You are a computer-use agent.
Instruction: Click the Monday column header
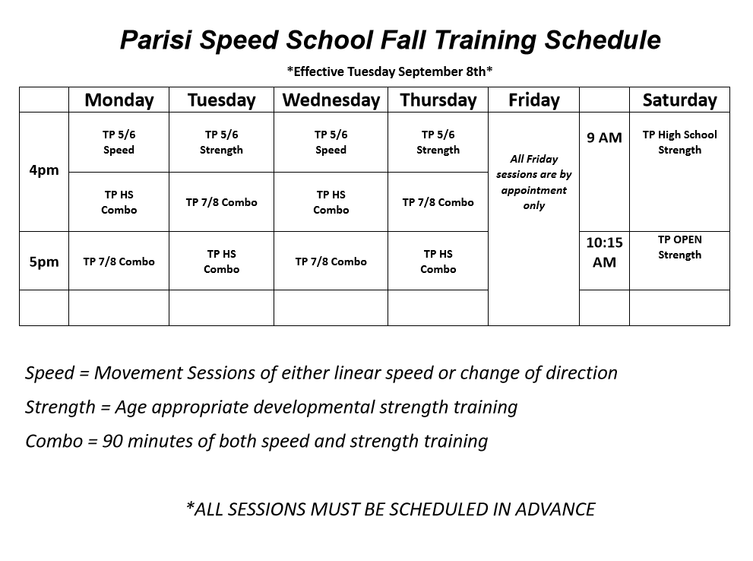pos(119,100)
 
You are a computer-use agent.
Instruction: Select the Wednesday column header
pos(331,100)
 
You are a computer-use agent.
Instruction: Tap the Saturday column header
pos(679,100)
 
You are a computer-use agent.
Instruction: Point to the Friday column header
pos(534,100)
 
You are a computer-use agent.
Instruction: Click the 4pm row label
pos(44,170)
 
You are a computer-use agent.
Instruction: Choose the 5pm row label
pos(44,261)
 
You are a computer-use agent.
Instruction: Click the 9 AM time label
pos(604,138)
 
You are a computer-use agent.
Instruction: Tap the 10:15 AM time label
pos(604,252)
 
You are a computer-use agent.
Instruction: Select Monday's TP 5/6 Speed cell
pos(119,142)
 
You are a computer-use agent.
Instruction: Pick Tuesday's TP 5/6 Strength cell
pos(221,142)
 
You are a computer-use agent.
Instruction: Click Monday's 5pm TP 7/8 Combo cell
pos(119,261)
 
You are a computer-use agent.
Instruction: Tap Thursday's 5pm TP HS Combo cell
pos(438,261)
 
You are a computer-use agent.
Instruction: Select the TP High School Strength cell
pos(679,142)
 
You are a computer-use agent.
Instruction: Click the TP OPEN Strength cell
pos(679,247)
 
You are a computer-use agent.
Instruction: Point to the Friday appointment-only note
pos(534,182)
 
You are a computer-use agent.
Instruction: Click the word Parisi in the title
pos(156,40)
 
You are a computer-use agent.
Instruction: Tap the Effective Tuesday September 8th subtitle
pos(390,71)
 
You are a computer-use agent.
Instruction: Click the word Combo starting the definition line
pos(54,442)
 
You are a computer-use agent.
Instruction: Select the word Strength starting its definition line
pos(61,407)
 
